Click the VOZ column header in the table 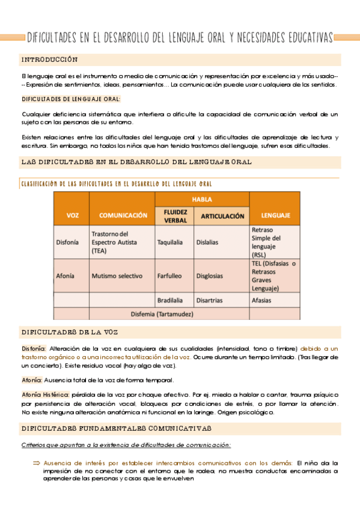[72, 215]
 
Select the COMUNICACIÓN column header [123, 215]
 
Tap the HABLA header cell [201, 199]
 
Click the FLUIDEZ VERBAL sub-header [174, 216]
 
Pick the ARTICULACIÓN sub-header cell [221, 216]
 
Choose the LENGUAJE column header [275, 215]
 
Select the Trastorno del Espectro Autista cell [122, 242]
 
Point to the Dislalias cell [207, 242]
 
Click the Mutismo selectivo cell [117, 276]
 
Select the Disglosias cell [210, 276]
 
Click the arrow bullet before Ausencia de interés [35, 463]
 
